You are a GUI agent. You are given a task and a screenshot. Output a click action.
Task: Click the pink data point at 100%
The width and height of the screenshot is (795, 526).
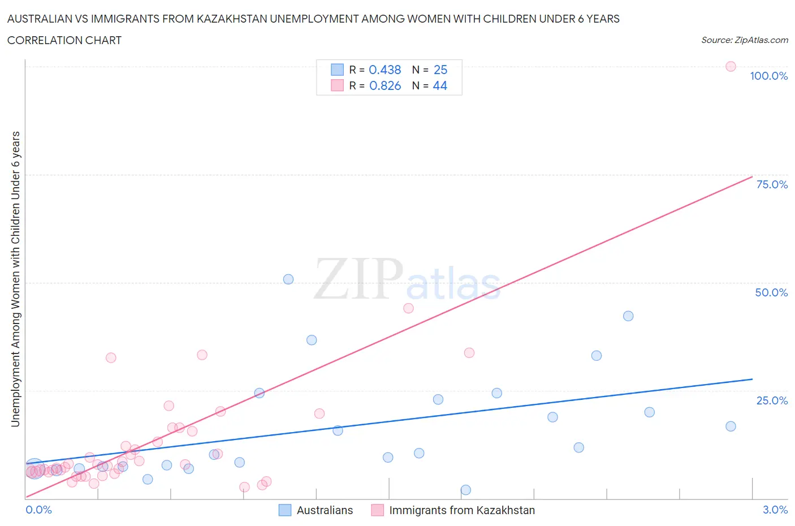click(731, 66)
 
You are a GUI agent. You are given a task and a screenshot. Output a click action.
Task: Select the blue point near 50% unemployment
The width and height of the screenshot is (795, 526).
click(288, 279)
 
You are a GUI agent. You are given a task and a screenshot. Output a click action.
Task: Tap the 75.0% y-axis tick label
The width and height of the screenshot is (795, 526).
click(772, 184)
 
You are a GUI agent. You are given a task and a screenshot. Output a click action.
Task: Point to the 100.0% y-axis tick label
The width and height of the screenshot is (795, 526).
click(768, 76)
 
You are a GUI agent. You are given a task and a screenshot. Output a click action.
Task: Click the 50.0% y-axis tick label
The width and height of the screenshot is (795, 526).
click(771, 292)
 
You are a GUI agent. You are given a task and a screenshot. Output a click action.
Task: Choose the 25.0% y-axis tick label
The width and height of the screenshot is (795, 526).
click(772, 400)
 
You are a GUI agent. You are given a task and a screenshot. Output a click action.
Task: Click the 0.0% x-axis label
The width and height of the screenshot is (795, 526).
click(38, 510)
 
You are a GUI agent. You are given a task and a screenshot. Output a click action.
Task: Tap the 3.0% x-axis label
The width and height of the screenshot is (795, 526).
click(775, 510)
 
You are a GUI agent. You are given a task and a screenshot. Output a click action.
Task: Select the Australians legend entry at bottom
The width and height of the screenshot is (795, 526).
click(324, 510)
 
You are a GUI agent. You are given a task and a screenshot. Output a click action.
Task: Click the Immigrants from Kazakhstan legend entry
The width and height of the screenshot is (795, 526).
click(461, 510)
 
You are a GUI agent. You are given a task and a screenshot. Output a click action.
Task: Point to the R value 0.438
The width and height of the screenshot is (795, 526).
click(384, 70)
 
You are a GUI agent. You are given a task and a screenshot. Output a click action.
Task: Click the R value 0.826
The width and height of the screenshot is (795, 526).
click(384, 85)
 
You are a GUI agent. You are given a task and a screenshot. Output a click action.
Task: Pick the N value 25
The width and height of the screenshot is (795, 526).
click(440, 70)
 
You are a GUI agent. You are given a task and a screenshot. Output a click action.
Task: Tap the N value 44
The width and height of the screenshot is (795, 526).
click(440, 85)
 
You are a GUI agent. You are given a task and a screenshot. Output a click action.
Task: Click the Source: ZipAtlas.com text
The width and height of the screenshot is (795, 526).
click(744, 40)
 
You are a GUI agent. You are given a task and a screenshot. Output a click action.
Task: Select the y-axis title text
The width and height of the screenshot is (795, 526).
click(15, 279)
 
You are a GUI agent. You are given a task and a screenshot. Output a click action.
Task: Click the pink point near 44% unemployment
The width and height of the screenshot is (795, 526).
click(408, 308)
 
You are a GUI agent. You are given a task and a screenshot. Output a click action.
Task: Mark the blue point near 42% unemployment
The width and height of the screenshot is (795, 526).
click(628, 316)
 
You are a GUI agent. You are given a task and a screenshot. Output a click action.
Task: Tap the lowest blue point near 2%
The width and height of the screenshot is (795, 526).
click(465, 490)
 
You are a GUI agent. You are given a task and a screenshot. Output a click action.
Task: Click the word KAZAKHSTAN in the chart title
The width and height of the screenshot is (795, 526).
click(231, 19)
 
